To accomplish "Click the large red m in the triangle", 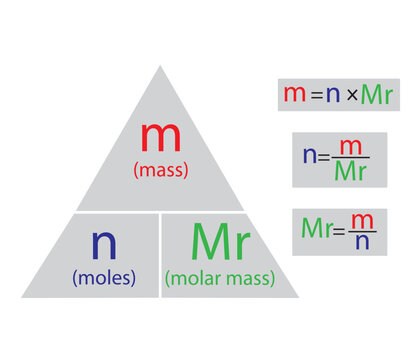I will pos(160,137).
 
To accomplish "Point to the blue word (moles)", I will pos(103,277).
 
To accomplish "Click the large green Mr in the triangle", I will pos(220,242).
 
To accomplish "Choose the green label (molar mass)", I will pos(220,278).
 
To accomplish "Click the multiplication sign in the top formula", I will pos(350,96).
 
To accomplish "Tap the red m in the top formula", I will pos(294,95).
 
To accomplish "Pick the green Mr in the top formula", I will pos(376,95).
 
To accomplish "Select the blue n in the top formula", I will pos(332,96).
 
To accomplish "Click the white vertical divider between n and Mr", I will pos(160,255).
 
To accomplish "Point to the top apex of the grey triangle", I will pos(160,67).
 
